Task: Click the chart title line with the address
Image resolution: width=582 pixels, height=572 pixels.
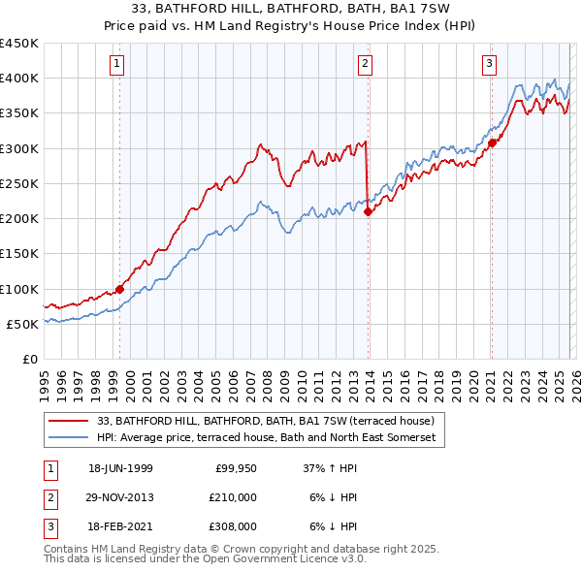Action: [290, 9]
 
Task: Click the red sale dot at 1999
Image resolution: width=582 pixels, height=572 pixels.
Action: [120, 289]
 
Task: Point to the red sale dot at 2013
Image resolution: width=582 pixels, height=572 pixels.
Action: [368, 211]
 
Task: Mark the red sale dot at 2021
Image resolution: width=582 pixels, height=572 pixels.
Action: [492, 143]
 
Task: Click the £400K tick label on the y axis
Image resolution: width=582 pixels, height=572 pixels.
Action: [19, 79]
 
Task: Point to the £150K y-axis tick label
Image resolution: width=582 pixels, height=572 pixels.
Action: [19, 254]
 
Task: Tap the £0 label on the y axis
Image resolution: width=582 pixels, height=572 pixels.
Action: [29, 360]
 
